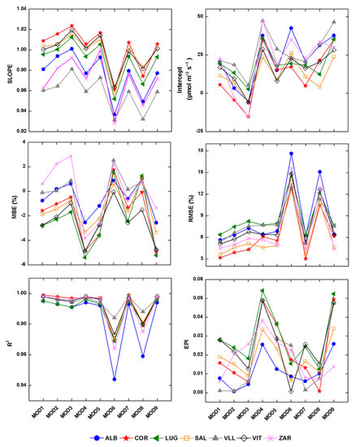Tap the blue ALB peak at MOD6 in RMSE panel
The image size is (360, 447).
pyautogui.click(x=291, y=154)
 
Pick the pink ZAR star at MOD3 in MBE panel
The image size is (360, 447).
pyautogui.click(x=72, y=156)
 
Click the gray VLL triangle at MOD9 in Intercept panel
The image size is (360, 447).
pyautogui.click(x=333, y=22)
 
